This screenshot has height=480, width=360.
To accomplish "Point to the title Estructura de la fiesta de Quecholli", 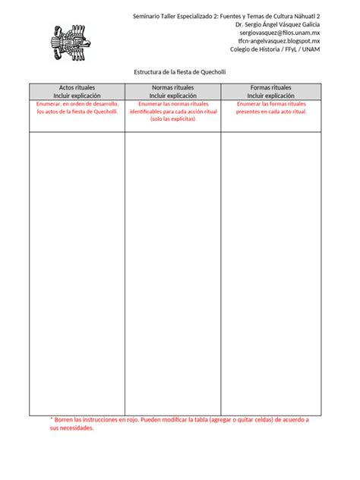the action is click(179, 72).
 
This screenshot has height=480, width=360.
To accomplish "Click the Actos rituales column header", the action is click(77, 88).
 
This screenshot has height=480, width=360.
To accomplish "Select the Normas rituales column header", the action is click(172, 88).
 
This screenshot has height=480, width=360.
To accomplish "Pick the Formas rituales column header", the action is click(270, 88).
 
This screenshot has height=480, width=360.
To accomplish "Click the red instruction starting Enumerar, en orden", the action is click(77, 104).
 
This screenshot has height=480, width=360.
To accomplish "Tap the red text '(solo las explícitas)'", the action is click(172, 119).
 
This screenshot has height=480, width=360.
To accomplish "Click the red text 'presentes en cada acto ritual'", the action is click(270, 112).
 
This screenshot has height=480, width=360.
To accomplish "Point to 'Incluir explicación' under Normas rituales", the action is click(172, 96).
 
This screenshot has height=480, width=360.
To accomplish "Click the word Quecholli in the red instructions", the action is click(102, 112).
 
